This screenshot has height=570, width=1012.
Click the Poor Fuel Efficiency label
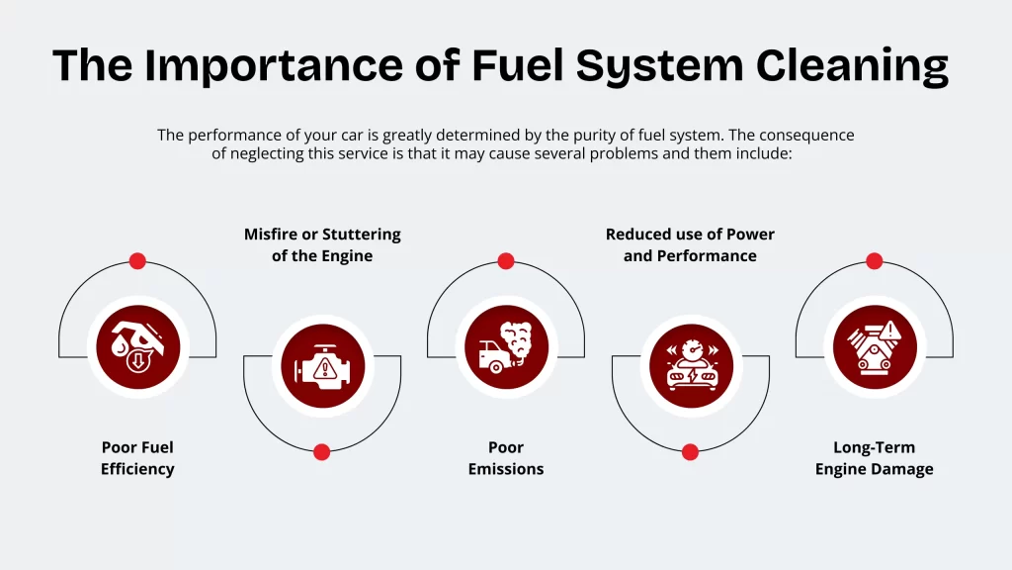(137, 458)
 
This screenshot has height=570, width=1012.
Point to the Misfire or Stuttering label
(322, 244)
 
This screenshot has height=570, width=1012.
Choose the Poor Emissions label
(506, 458)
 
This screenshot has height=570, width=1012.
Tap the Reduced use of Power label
(690, 244)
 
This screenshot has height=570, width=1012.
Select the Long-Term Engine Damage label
(874, 458)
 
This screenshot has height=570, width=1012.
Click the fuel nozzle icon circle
(137, 347)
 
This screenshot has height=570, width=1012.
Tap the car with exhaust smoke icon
(506, 347)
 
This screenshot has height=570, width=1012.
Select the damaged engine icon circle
(874, 347)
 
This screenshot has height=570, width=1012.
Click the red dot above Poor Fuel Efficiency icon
(137, 261)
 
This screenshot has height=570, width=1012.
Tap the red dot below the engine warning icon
(321, 452)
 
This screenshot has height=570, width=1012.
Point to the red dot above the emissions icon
(506, 261)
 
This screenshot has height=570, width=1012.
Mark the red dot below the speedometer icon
(690, 452)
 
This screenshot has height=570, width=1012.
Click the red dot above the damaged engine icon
(874, 261)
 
